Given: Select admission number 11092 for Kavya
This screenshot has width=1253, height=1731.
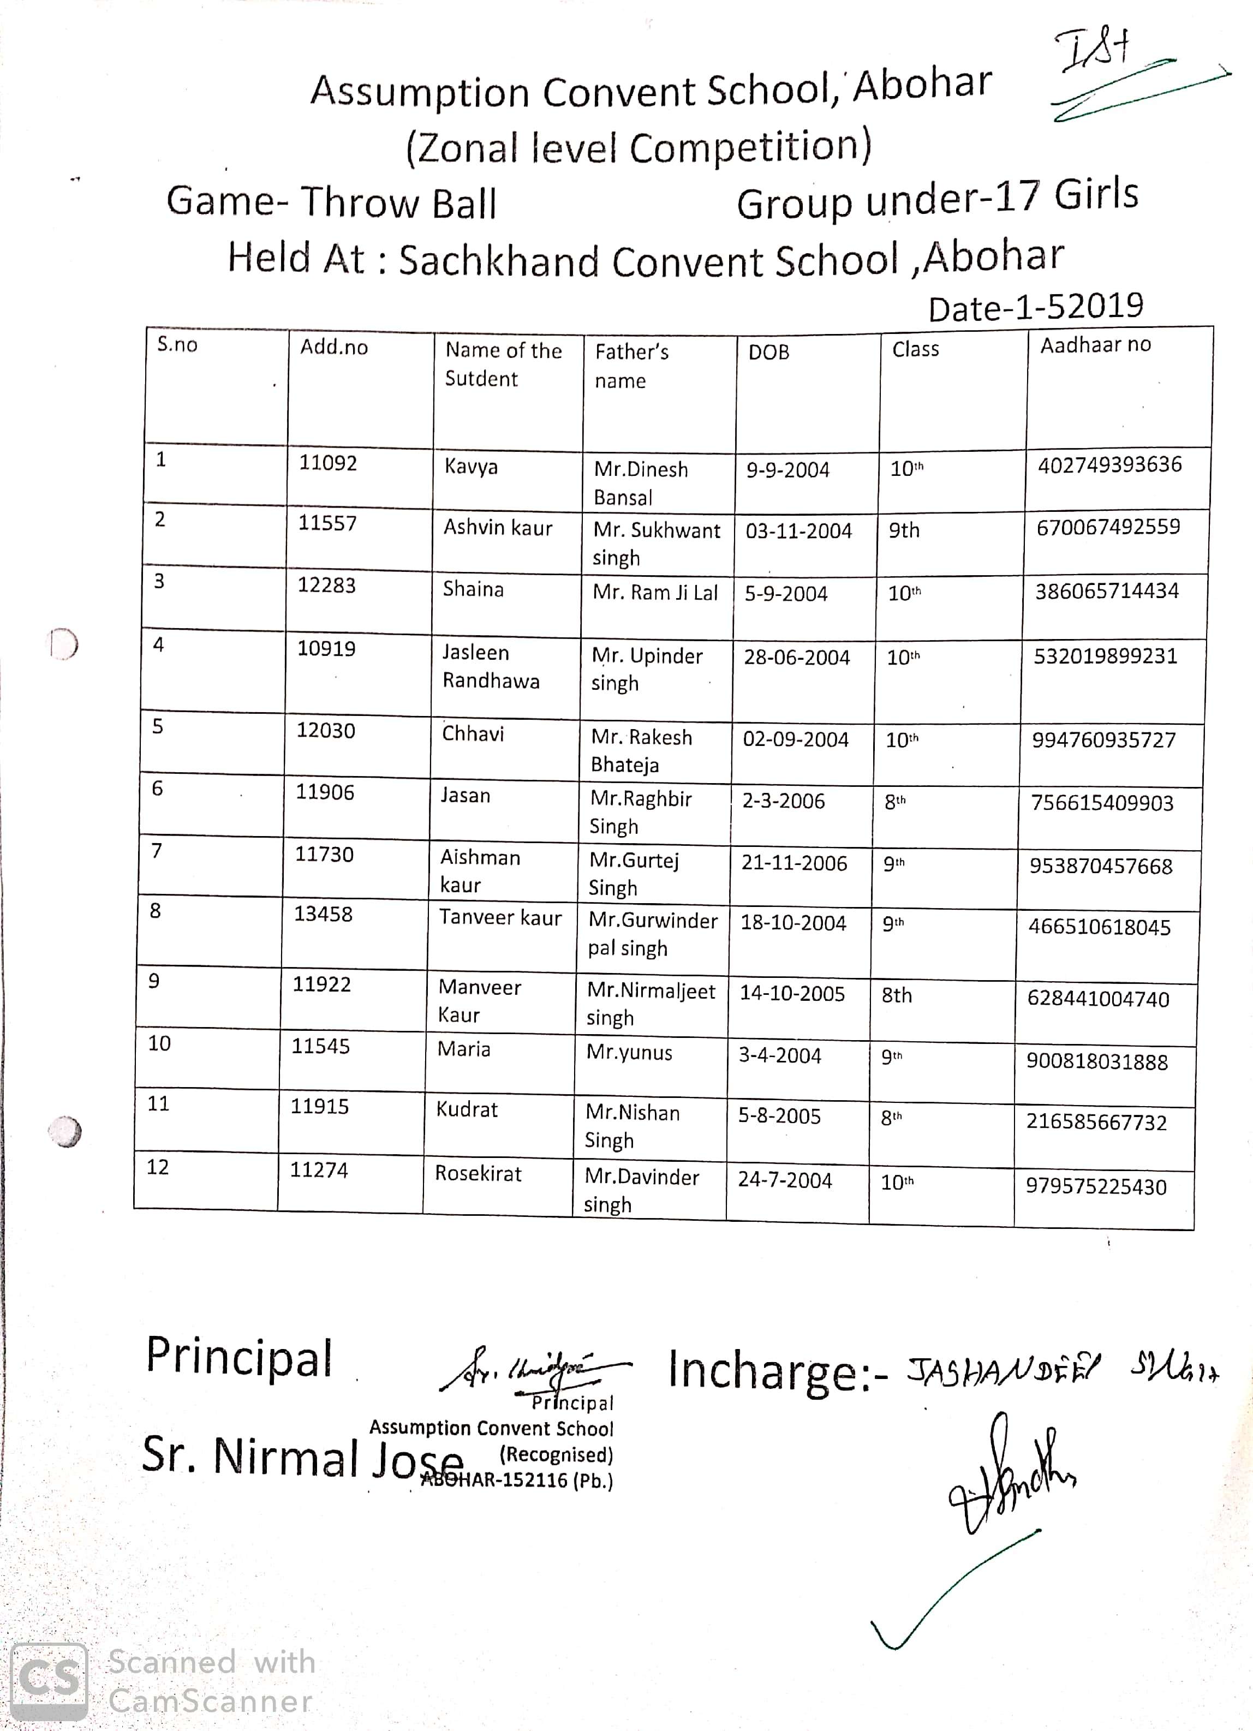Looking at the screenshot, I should click(327, 463).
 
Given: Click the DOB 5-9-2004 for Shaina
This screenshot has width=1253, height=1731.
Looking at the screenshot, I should click(786, 594).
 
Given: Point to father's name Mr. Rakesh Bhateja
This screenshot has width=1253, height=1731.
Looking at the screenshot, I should click(641, 751).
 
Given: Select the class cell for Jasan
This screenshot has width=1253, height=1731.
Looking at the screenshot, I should click(895, 802).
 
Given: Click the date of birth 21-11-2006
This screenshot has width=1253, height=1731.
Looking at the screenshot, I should click(793, 863).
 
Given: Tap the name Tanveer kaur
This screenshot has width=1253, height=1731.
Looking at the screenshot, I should click(500, 917).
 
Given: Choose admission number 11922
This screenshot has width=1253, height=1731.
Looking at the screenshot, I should click(321, 984).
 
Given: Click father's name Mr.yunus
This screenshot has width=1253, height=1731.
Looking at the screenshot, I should click(629, 1053).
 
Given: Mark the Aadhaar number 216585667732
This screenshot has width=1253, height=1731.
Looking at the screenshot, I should click(1096, 1123).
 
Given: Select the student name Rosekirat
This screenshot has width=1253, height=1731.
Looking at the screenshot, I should click(478, 1174).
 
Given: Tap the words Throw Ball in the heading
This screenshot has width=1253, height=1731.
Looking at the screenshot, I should click(398, 204).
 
